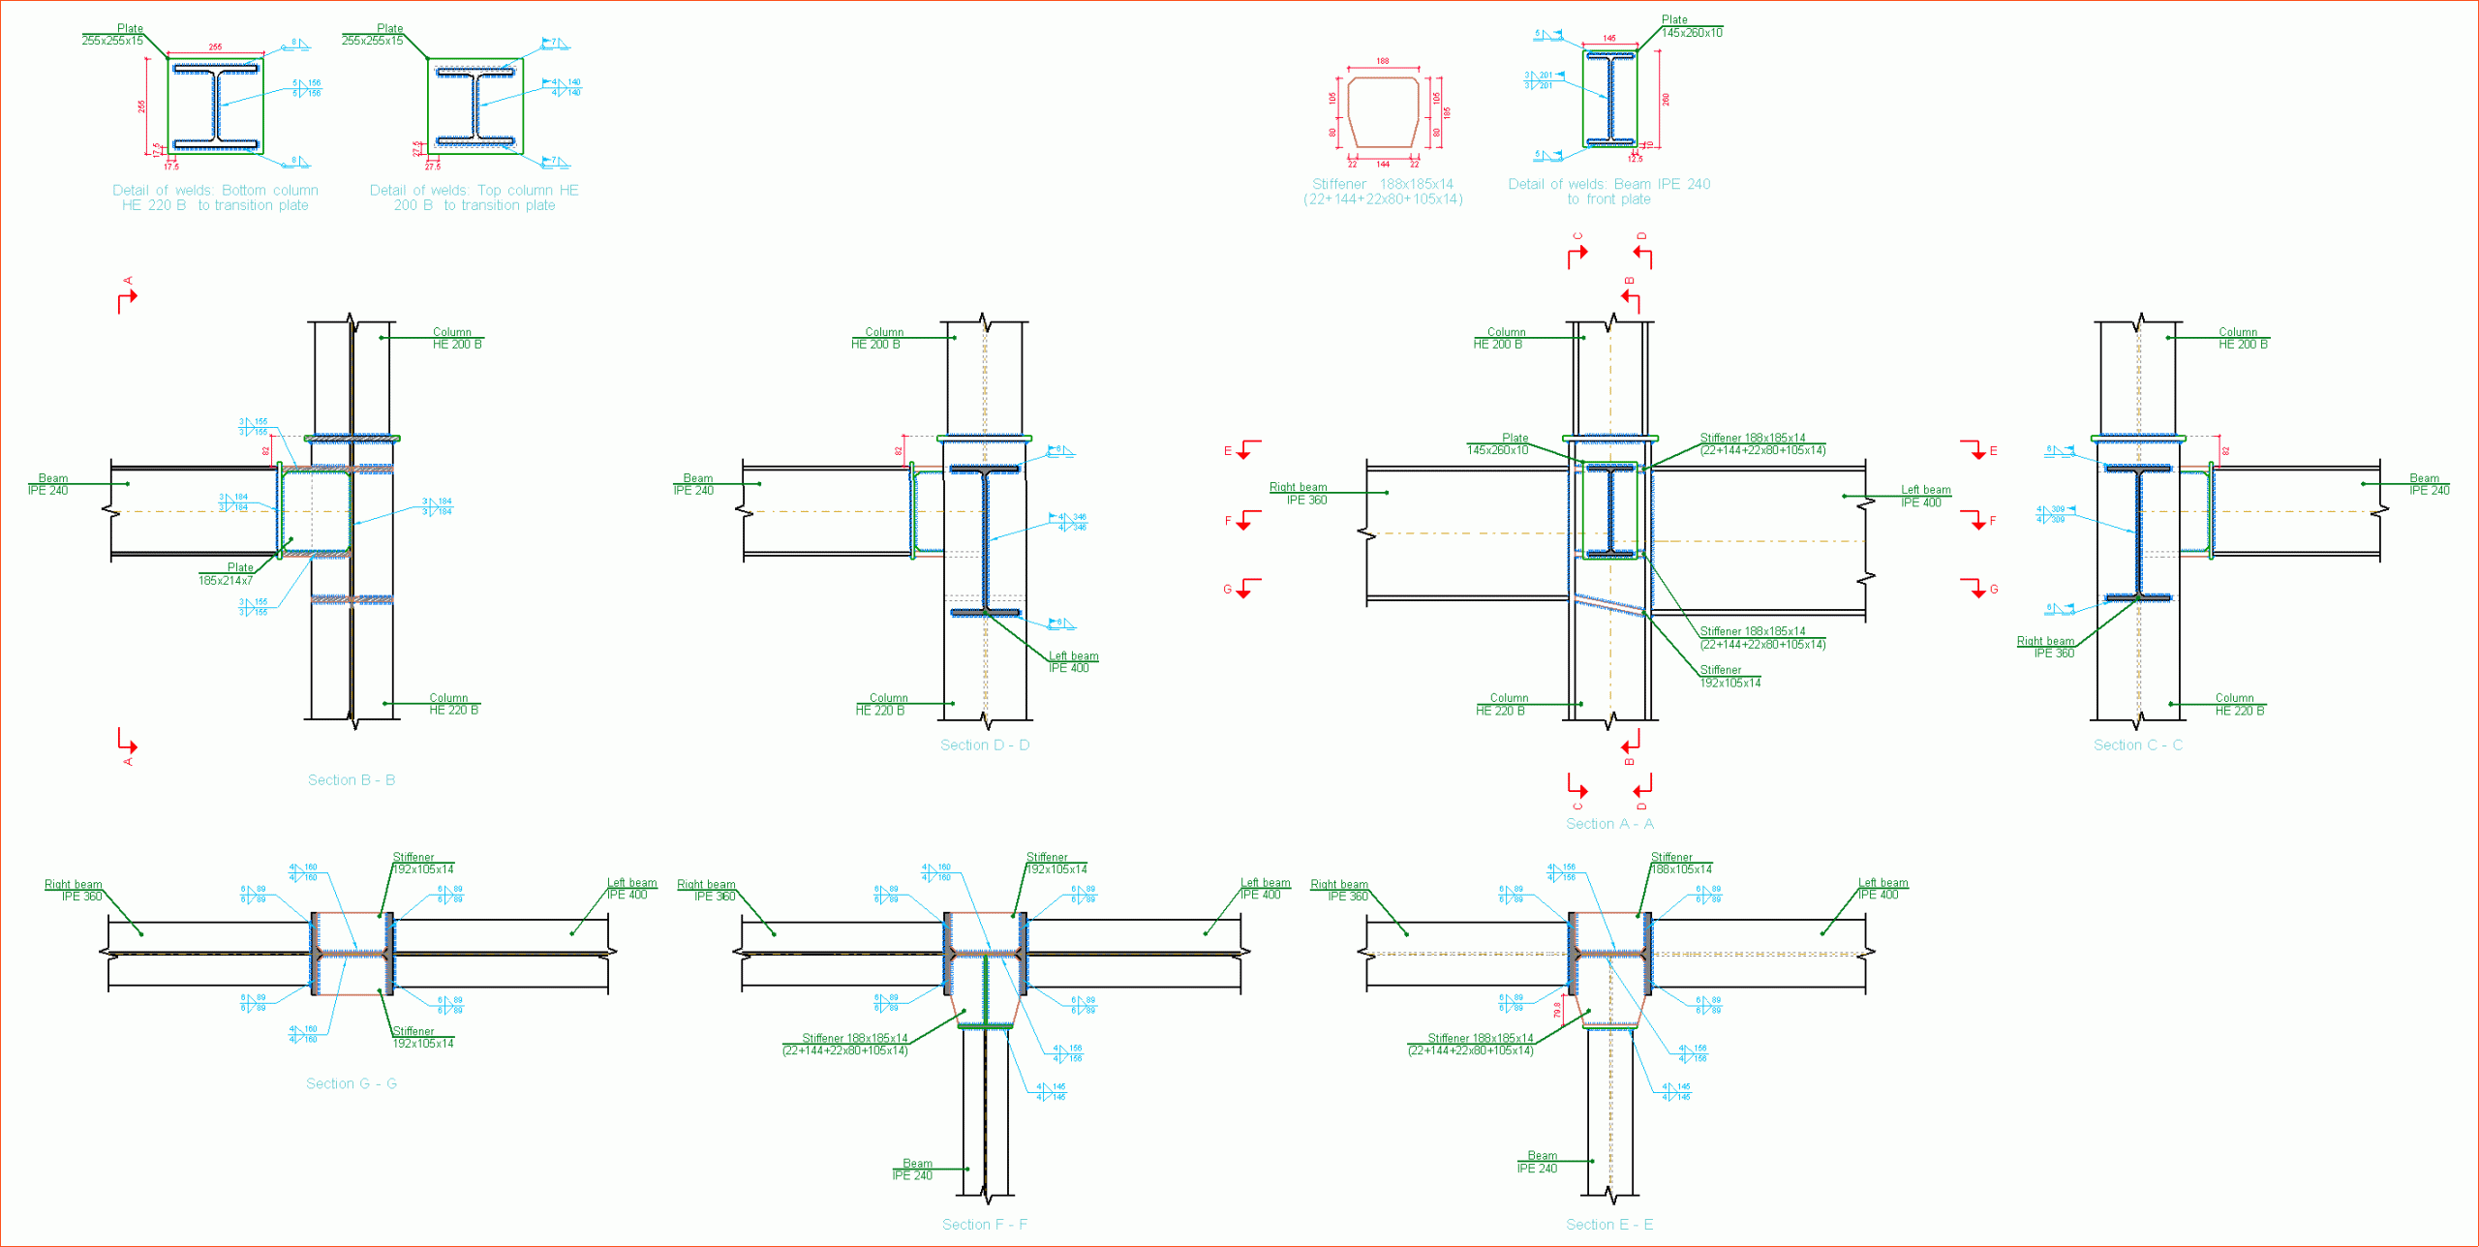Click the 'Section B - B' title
tap(351, 780)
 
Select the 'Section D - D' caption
tap(984, 745)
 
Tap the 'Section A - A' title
tap(1609, 824)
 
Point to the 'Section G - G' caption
tap(351, 1084)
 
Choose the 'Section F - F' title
tap(984, 1225)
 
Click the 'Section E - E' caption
tap(1609, 1225)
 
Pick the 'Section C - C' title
tap(2137, 745)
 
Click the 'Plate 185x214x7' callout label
tap(227, 574)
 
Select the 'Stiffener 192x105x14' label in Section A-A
tap(1729, 677)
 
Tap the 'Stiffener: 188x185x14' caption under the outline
tap(1383, 192)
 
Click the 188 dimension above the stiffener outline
tap(1383, 61)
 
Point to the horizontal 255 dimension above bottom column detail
tap(215, 46)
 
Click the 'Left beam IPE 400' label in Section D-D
tap(1072, 662)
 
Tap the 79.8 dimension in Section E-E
tap(1557, 1010)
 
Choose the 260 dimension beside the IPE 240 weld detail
tap(1666, 99)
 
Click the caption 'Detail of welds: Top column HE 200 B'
tap(474, 198)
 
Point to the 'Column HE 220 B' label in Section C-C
tap(2239, 704)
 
